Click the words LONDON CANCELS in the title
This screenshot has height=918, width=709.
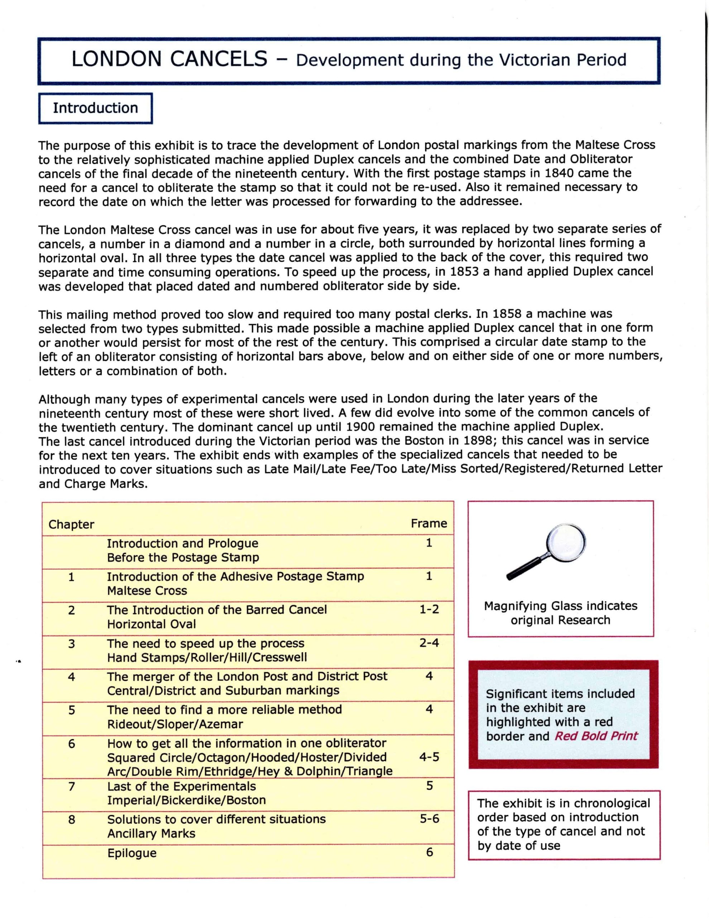(x=169, y=59)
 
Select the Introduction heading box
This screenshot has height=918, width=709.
(x=95, y=108)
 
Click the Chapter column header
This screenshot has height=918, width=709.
(x=71, y=525)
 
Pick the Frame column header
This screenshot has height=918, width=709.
(x=428, y=523)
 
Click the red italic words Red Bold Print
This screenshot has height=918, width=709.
(x=596, y=736)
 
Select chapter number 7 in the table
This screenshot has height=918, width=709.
(x=72, y=786)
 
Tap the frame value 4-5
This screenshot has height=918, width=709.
(x=429, y=757)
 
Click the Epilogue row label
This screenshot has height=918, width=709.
(x=132, y=853)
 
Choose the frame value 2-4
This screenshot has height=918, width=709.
(x=429, y=643)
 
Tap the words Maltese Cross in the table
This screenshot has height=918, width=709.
(x=147, y=591)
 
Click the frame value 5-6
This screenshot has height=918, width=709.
(x=429, y=818)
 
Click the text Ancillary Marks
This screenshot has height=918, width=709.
(x=151, y=833)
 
